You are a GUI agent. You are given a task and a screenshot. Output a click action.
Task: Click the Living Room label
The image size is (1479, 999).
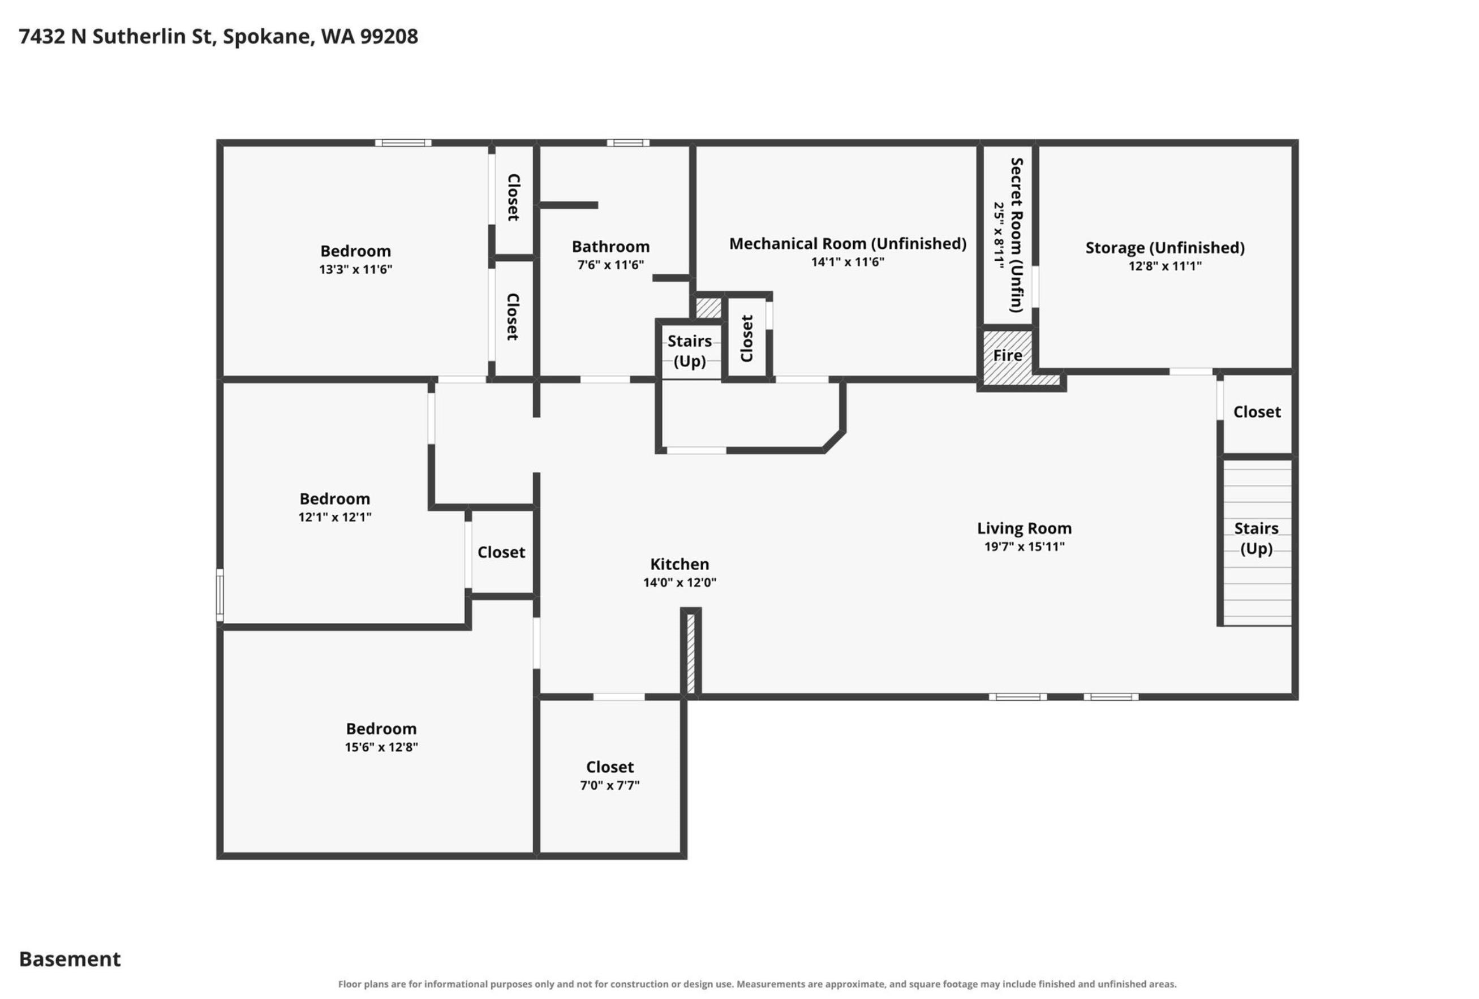(x=1024, y=528)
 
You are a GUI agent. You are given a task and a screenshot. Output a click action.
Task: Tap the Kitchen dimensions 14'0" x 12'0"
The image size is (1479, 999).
(x=680, y=582)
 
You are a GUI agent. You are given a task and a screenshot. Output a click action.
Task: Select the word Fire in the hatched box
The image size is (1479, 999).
(x=1008, y=355)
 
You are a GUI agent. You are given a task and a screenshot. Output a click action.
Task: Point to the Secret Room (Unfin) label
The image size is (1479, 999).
(x=1016, y=235)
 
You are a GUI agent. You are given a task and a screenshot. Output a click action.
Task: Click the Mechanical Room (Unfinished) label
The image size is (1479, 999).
(x=848, y=244)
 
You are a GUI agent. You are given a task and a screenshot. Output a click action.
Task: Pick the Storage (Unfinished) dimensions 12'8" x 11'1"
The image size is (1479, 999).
(x=1165, y=266)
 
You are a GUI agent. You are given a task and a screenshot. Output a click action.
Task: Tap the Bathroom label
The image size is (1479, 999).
(x=611, y=246)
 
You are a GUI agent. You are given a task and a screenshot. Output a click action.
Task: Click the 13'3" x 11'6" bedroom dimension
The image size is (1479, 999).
(x=356, y=269)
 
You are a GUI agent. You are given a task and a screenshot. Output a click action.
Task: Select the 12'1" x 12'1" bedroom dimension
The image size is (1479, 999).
(x=335, y=517)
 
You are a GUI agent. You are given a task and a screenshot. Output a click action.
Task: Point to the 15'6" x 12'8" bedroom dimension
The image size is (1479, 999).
(x=381, y=747)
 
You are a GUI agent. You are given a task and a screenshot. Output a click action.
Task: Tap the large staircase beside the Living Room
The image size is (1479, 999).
(x=1257, y=542)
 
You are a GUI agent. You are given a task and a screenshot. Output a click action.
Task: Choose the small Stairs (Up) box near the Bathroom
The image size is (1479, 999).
(x=690, y=351)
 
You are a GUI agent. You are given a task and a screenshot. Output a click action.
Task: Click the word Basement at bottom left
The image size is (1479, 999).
(x=70, y=958)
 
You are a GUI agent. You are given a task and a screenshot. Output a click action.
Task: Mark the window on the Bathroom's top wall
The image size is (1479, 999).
(x=627, y=143)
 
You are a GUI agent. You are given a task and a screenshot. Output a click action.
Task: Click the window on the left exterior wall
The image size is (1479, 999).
(x=220, y=595)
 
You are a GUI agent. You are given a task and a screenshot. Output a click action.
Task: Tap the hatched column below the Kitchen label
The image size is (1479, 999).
(x=691, y=653)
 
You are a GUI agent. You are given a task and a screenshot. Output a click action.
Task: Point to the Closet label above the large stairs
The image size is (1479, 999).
(x=1257, y=412)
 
